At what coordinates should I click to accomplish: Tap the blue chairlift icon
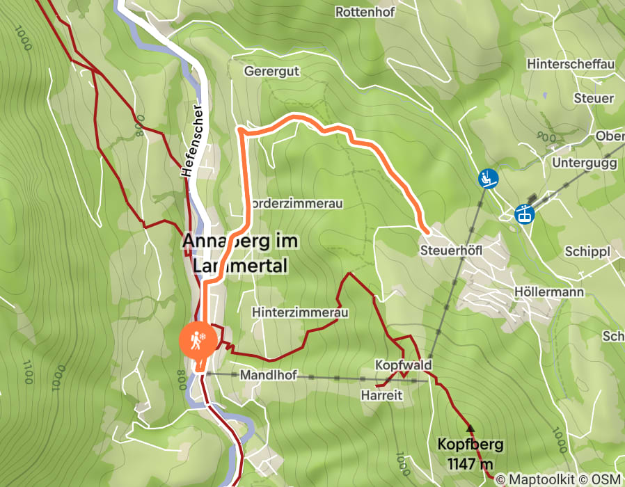(x=488, y=179)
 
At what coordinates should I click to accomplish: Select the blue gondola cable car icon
(x=523, y=214)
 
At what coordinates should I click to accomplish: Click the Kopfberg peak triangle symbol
(x=470, y=429)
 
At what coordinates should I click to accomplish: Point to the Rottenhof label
(x=365, y=12)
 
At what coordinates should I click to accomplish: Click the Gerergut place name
(x=271, y=71)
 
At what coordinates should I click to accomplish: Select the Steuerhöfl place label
(x=451, y=249)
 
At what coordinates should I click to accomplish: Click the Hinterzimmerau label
(x=300, y=313)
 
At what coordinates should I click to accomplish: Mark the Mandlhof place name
(x=268, y=375)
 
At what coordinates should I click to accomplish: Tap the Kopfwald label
(x=404, y=365)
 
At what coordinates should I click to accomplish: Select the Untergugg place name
(x=584, y=163)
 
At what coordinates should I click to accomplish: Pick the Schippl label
(x=587, y=252)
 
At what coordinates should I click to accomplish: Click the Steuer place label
(x=594, y=99)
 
